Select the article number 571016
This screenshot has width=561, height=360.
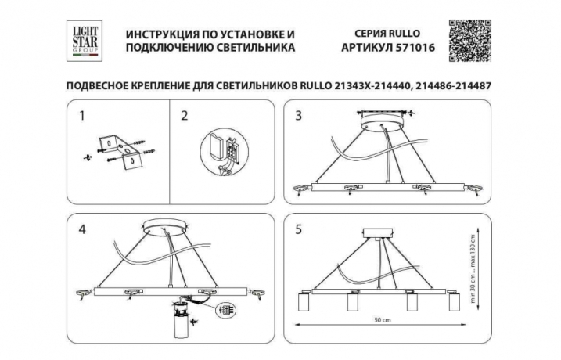pyautogui.click(x=403, y=48)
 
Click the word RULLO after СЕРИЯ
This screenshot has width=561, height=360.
pyautogui.click(x=403, y=34)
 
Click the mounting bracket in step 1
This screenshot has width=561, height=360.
pyautogui.click(x=119, y=153)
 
